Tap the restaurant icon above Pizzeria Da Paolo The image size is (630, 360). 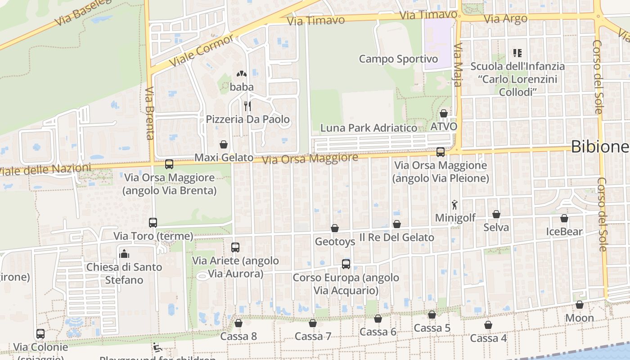point(247,106)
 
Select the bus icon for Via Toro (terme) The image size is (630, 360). point(153,222)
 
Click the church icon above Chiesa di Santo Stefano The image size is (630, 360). point(124,254)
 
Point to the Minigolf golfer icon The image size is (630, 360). point(455,205)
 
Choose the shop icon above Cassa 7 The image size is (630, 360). point(313,323)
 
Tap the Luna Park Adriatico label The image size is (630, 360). point(369,128)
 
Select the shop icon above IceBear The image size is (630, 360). point(564,218)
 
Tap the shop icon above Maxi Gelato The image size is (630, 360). point(224,144)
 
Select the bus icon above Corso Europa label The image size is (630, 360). point(346,264)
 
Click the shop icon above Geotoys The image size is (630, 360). point(334,228)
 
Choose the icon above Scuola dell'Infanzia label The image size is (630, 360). point(517,53)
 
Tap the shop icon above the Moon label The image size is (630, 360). point(580,305)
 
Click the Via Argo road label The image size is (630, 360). point(506,19)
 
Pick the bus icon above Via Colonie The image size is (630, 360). point(40,334)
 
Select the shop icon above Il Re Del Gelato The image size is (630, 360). point(396,224)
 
